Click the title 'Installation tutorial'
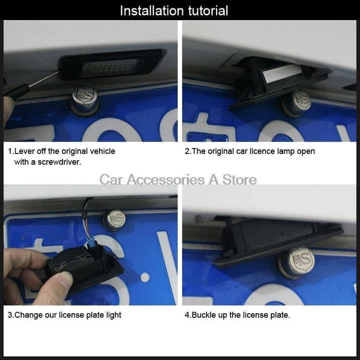click(x=174, y=10)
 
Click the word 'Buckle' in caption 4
click(x=205, y=315)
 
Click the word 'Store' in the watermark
click(x=239, y=179)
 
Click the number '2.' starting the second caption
click(x=188, y=151)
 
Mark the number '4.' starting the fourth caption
click(x=188, y=315)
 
